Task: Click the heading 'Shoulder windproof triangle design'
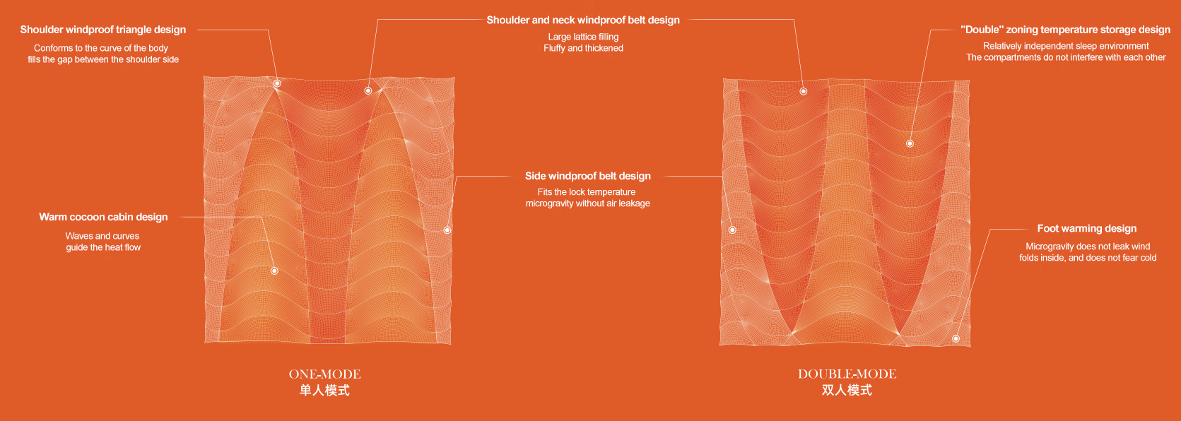click(x=102, y=30)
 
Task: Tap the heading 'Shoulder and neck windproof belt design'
click(x=583, y=20)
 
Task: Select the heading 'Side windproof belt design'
click(x=588, y=176)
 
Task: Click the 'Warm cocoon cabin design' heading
click(x=103, y=217)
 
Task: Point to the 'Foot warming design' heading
click(x=1086, y=229)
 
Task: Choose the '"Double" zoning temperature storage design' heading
click(x=1065, y=30)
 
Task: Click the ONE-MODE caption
click(x=325, y=374)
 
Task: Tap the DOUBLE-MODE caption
click(x=847, y=374)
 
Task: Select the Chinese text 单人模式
click(x=325, y=391)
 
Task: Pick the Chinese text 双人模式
click(x=847, y=391)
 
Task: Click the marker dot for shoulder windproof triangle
click(x=277, y=83)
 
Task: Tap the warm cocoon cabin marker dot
click(x=274, y=271)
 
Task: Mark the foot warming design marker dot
click(x=956, y=338)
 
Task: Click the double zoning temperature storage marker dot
click(x=910, y=143)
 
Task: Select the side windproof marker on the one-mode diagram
click(x=447, y=230)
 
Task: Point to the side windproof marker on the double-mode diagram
click(x=732, y=230)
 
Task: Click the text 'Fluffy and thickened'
click(x=583, y=49)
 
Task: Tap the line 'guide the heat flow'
click(x=103, y=248)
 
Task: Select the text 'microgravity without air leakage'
click(x=588, y=204)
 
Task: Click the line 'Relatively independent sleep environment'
click(x=1066, y=47)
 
